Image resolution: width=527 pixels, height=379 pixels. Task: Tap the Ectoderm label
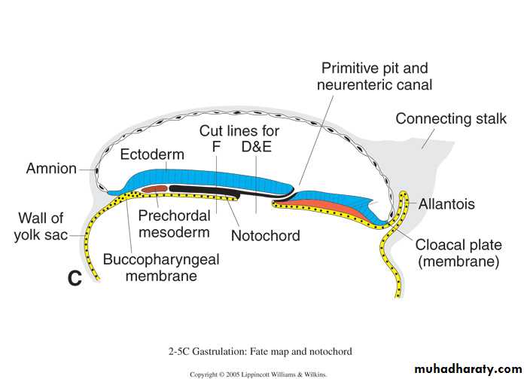coord(152,154)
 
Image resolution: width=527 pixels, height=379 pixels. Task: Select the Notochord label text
coord(265,236)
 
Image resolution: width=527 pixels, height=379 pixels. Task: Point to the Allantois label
coord(448,203)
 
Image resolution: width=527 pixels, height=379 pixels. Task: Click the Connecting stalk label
coord(451,119)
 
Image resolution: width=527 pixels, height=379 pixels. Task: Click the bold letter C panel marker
coord(74,278)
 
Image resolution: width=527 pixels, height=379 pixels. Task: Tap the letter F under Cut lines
coord(216,148)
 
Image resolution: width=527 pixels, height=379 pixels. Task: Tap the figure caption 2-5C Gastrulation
coord(259,350)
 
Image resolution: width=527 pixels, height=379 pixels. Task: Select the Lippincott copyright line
coord(260,374)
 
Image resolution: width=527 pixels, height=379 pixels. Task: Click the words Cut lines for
coord(234,130)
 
